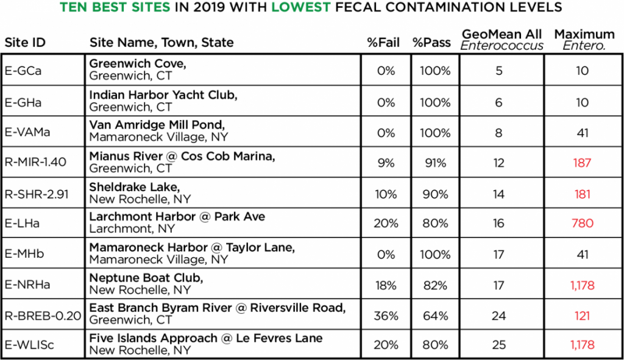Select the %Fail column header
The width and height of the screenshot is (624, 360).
[383, 43]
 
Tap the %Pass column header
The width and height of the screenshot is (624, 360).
[431, 43]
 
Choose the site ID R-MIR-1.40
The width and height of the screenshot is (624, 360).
[36, 163]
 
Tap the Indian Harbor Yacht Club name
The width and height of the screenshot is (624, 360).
[163, 95]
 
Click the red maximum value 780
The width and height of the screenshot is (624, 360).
[582, 224]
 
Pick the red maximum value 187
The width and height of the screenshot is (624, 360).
[582, 163]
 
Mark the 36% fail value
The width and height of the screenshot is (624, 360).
[386, 316]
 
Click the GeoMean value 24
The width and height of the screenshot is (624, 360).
[498, 316]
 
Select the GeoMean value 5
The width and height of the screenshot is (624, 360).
[498, 71]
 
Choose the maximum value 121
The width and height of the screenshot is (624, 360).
[582, 316]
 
